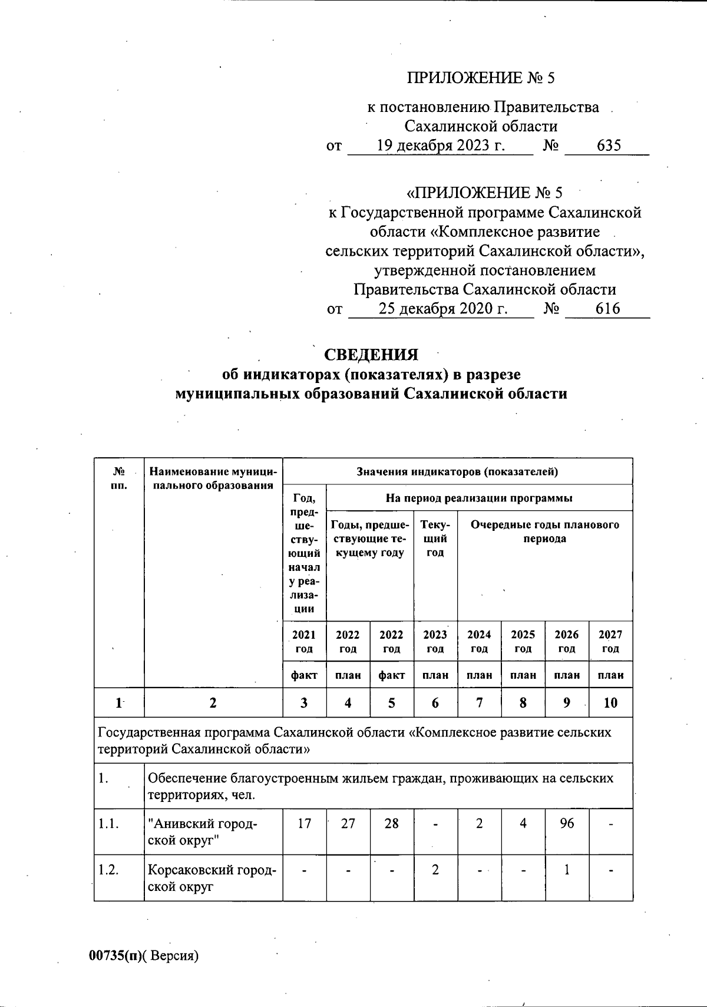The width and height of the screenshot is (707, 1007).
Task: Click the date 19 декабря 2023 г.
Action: [x=441, y=146]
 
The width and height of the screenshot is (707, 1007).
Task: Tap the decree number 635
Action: [x=609, y=146]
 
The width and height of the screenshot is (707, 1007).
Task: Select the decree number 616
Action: [x=608, y=309]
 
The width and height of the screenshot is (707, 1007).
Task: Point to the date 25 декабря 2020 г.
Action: [x=442, y=309]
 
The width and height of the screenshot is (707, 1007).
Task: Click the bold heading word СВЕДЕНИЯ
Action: [x=371, y=355]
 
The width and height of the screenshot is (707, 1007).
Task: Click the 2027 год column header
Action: [x=610, y=642]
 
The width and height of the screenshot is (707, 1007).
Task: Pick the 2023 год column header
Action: [x=435, y=642]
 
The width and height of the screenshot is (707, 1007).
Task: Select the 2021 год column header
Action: [x=304, y=642]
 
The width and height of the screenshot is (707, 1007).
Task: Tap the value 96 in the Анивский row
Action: [x=567, y=823]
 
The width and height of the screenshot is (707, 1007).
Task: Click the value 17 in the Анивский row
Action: [x=304, y=823]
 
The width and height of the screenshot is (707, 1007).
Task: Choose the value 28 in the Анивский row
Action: [x=391, y=823]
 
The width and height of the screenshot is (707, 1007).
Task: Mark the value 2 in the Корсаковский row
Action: [x=435, y=870]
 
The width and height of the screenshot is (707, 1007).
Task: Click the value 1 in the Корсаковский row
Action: [x=567, y=870]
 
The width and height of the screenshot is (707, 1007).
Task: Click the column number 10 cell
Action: [x=610, y=702]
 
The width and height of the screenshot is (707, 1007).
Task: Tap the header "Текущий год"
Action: [x=435, y=539]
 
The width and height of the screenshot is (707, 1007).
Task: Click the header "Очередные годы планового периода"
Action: [x=545, y=531]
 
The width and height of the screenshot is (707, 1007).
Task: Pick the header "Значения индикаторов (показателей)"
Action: [x=457, y=471]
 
